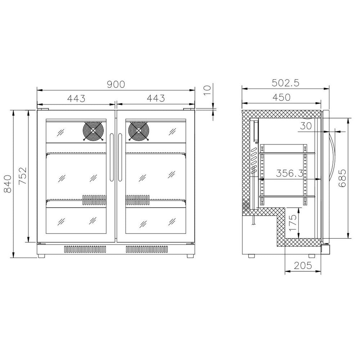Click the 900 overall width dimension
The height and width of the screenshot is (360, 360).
(x=116, y=84)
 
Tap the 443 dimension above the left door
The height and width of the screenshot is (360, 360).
(x=76, y=98)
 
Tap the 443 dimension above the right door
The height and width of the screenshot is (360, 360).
(x=156, y=98)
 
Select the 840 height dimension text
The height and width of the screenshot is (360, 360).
(x=8, y=184)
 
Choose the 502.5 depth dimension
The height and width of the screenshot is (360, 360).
(x=286, y=83)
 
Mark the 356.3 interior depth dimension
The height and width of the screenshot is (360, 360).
(x=289, y=174)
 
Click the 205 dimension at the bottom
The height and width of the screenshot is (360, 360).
(x=303, y=266)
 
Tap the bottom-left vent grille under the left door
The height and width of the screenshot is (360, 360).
(x=85, y=249)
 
